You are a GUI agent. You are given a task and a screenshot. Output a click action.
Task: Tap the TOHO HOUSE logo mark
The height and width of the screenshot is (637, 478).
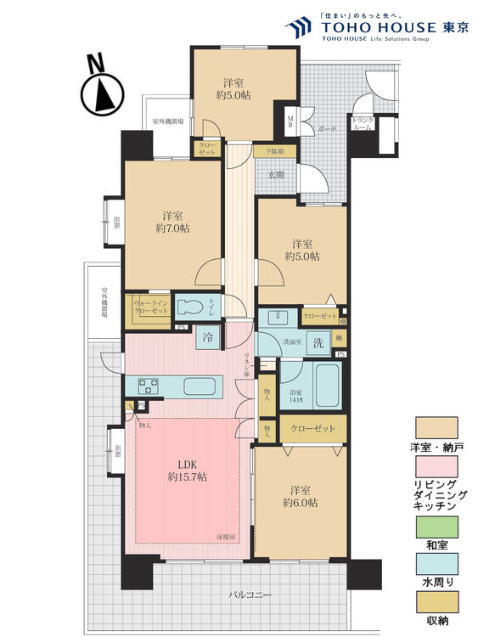[x=298, y=28]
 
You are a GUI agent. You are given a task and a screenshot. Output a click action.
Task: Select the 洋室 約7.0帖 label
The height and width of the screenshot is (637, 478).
[x=172, y=222]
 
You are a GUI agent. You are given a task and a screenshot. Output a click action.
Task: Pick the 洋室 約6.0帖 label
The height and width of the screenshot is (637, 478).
[x=301, y=496]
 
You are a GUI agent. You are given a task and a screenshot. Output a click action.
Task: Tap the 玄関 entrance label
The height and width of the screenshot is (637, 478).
[x=277, y=174]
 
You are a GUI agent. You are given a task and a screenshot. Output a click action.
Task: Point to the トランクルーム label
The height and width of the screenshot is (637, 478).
[x=363, y=124]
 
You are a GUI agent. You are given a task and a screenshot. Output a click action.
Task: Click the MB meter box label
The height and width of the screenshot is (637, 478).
[x=290, y=120]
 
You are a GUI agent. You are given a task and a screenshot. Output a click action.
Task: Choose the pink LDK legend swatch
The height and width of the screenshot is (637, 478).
[x=436, y=466]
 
